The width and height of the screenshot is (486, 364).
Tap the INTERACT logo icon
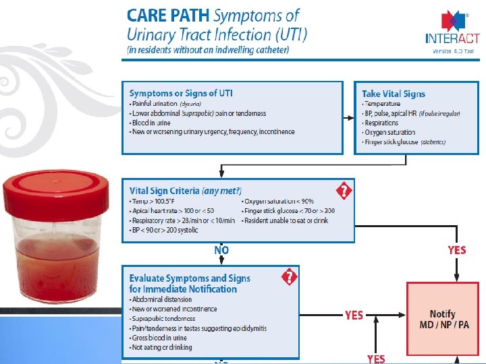click(x=451, y=20)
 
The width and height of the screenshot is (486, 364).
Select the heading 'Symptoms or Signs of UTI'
click(x=181, y=93)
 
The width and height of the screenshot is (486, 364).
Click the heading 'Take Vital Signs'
click(x=394, y=94)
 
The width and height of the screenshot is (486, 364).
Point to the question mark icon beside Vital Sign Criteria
click(x=344, y=191)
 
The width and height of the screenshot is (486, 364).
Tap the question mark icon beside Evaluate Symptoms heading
click(x=289, y=276)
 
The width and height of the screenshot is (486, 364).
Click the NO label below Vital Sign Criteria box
click(x=221, y=250)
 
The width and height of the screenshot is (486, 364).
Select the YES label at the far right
click(x=457, y=250)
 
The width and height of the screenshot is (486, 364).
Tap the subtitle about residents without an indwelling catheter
click(x=208, y=49)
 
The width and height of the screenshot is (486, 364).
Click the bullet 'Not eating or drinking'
click(x=162, y=347)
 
